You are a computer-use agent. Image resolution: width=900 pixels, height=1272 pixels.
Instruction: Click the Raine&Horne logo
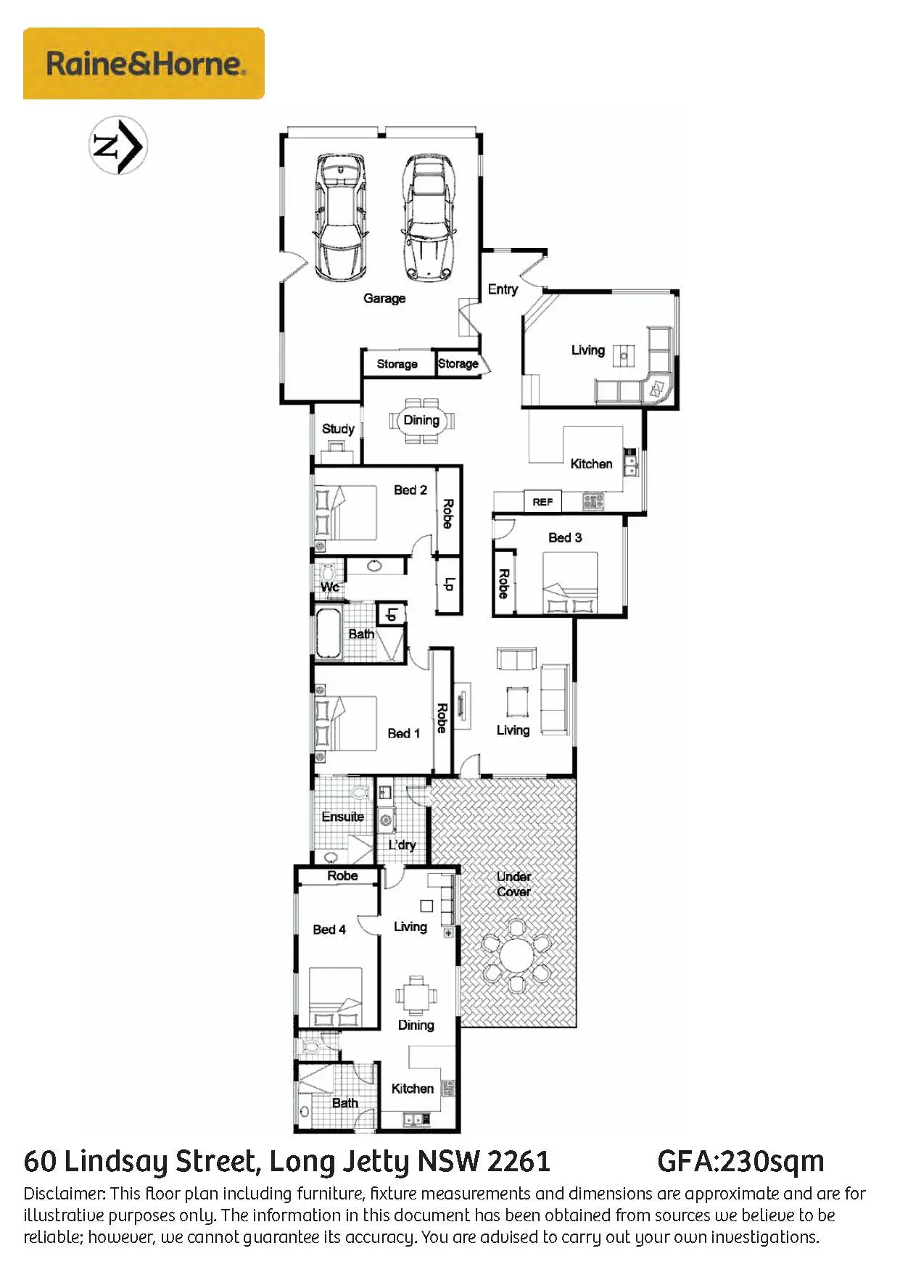click(x=144, y=63)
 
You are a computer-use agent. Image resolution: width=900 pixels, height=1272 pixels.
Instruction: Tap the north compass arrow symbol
click(x=118, y=145)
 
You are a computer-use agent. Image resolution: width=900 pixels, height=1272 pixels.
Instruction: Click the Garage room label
click(x=384, y=298)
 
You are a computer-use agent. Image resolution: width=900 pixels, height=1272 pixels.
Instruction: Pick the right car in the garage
click(x=429, y=218)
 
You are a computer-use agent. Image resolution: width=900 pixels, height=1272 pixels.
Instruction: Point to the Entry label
click(x=503, y=289)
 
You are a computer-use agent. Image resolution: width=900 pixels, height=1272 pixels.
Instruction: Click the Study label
click(x=338, y=429)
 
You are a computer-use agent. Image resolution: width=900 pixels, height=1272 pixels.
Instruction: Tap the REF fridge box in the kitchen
click(x=542, y=502)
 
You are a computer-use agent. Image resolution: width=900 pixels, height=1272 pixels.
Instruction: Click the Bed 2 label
click(x=410, y=490)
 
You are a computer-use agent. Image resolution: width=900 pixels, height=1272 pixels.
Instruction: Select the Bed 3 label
click(x=565, y=537)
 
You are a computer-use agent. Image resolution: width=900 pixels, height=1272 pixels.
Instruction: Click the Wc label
click(x=330, y=587)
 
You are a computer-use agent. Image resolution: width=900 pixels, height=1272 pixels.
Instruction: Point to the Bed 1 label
click(x=404, y=733)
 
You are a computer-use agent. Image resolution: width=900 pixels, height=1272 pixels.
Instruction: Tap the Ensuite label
click(x=343, y=817)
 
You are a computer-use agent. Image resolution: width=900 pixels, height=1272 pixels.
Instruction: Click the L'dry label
click(x=402, y=845)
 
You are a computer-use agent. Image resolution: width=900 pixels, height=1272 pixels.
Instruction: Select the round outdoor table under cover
click(x=516, y=955)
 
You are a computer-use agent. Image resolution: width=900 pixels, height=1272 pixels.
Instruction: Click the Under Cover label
click(x=513, y=884)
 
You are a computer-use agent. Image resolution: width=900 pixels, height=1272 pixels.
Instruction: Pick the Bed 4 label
click(x=329, y=930)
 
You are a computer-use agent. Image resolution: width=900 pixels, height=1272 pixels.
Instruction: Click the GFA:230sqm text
click(x=740, y=1162)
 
